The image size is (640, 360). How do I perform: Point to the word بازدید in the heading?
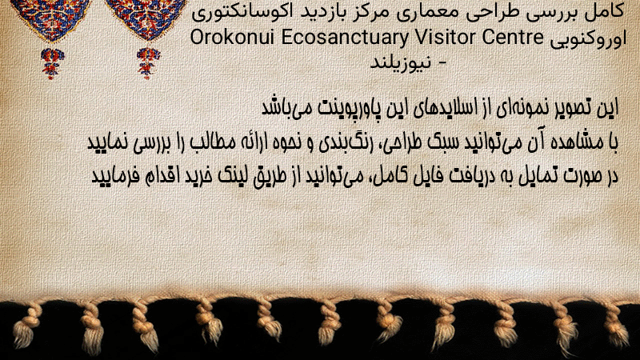click(322, 12)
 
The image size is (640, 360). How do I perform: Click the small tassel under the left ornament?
click(52, 63)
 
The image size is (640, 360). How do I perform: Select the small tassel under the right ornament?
click(148, 62)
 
